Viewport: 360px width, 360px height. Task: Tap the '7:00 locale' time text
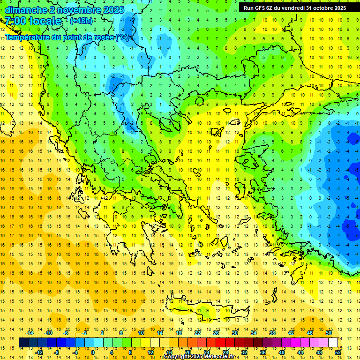(33, 21)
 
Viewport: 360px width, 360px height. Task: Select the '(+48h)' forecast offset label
(81, 21)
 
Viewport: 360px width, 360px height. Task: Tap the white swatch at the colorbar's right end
(333, 343)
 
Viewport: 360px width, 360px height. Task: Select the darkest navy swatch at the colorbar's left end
(24, 343)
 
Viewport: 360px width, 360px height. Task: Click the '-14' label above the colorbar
(30, 333)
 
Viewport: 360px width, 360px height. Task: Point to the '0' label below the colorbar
(92, 352)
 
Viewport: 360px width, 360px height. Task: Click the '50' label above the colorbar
(329, 333)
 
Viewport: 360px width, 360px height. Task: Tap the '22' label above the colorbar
(197, 333)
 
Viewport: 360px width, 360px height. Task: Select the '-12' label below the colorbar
(39, 352)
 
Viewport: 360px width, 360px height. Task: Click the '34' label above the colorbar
(254, 333)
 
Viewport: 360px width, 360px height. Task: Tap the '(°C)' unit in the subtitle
(122, 37)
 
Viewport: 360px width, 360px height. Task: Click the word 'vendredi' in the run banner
(292, 7)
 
